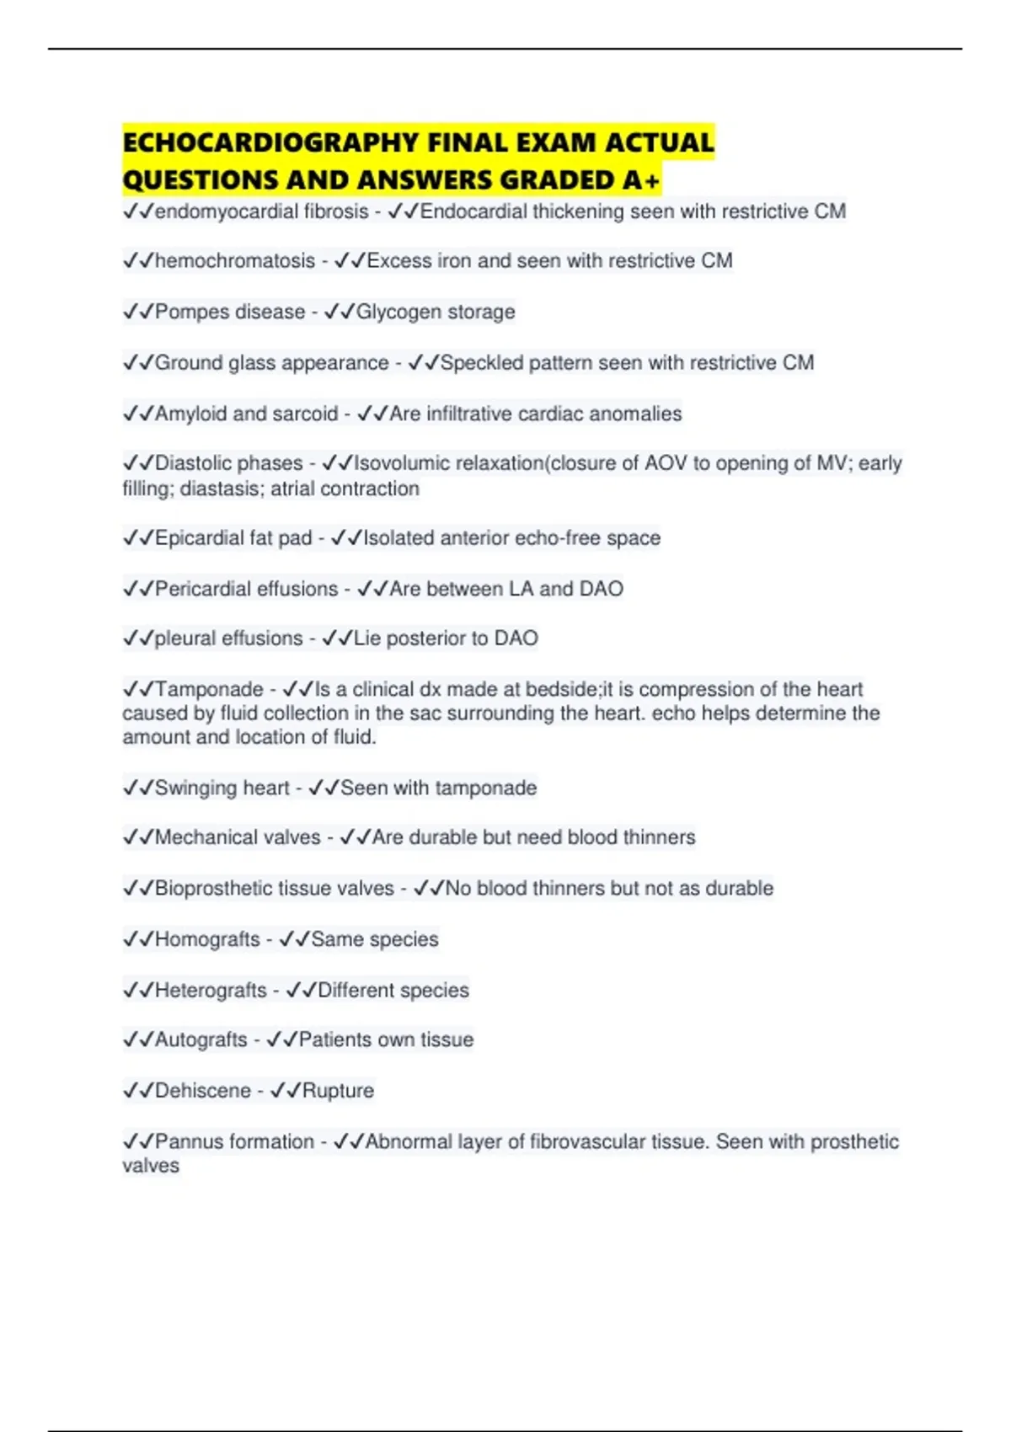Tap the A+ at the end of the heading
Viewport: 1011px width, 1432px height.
(x=643, y=180)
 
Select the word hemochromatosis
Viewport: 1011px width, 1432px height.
(x=235, y=261)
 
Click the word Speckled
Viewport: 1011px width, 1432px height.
(x=482, y=363)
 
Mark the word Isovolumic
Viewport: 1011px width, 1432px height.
(x=403, y=463)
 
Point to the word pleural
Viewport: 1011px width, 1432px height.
(x=186, y=639)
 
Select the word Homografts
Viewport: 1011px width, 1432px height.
(x=207, y=939)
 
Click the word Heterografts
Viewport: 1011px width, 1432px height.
(x=211, y=990)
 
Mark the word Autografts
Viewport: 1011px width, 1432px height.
(x=201, y=1039)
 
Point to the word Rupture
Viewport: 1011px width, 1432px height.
(x=338, y=1091)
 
